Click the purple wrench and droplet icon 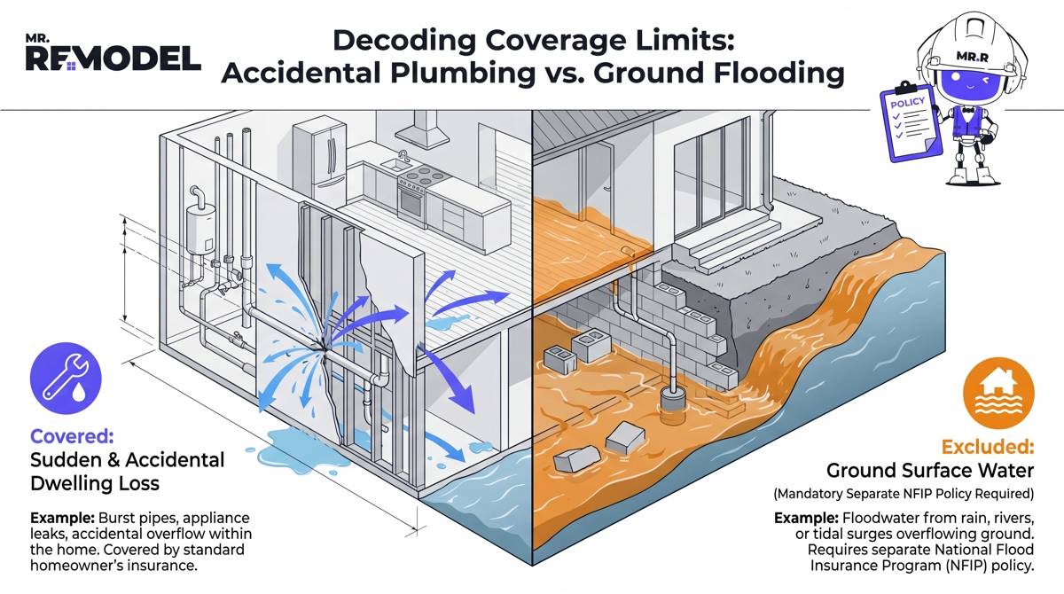click(66, 378)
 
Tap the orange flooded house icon click(998, 393)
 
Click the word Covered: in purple click(72, 436)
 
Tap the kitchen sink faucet click(403, 156)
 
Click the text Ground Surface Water click(929, 471)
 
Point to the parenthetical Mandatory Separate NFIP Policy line click(904, 494)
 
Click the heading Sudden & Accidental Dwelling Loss click(128, 472)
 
